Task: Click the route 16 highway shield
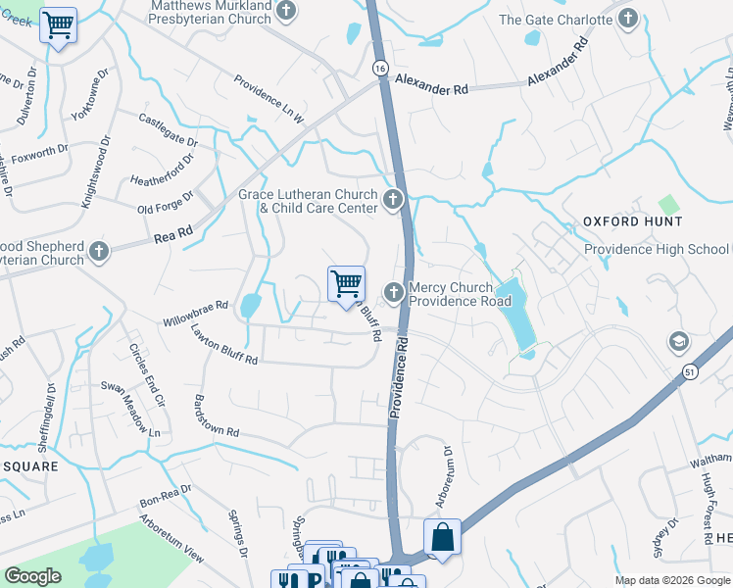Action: pyautogui.click(x=379, y=68)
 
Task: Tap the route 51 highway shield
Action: pyautogui.click(x=691, y=372)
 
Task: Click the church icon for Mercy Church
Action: pyautogui.click(x=393, y=292)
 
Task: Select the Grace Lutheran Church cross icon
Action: pyautogui.click(x=393, y=201)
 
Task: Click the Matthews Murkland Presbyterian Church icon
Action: pyautogui.click(x=286, y=11)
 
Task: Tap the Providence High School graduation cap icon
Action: pyautogui.click(x=678, y=342)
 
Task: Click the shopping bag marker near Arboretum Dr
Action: pyautogui.click(x=442, y=537)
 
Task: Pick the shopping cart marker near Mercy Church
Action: pyautogui.click(x=346, y=284)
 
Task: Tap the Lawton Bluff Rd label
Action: pyautogui.click(x=224, y=345)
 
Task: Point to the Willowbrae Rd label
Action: pyautogui.click(x=195, y=313)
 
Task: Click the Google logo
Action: pyautogui.click(x=32, y=576)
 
